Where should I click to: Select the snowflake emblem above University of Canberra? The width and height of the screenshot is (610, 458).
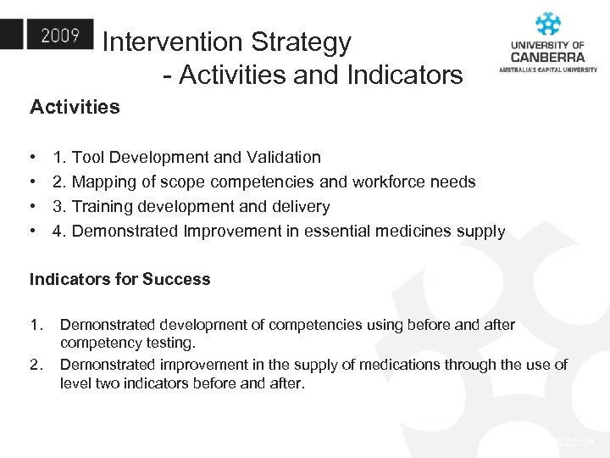pyautogui.click(x=548, y=25)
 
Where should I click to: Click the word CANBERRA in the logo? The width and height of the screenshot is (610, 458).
pyautogui.click(x=547, y=57)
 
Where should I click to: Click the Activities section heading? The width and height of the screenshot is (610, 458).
pyautogui.click(x=75, y=107)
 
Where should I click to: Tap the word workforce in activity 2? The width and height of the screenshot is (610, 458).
pyautogui.click(x=391, y=182)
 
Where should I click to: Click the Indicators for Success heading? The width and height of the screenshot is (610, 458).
pyautogui.click(x=119, y=279)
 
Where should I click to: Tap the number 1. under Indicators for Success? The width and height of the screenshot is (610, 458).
pyautogui.click(x=36, y=325)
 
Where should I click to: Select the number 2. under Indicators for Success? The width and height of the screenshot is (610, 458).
pyautogui.click(x=36, y=365)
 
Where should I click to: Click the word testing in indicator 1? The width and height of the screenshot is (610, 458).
pyautogui.click(x=169, y=343)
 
